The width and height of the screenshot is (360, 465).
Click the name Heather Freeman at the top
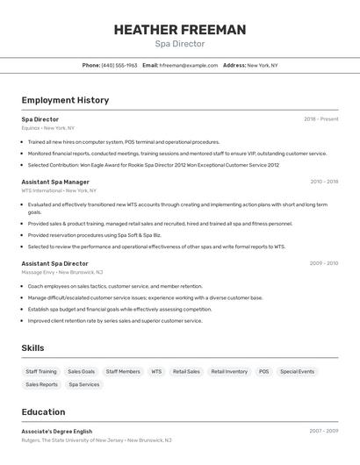pyautogui.click(x=180, y=30)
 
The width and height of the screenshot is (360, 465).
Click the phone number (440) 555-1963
pyautogui.click(x=119, y=65)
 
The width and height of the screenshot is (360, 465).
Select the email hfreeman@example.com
pyautogui.click(x=188, y=65)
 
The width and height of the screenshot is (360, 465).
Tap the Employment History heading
pyautogui.click(x=65, y=100)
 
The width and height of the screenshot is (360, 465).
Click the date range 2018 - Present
pyautogui.click(x=320, y=119)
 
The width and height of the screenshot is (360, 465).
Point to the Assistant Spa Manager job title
pyautogui.click(x=55, y=182)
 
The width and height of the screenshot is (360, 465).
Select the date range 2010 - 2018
pyautogui.click(x=324, y=182)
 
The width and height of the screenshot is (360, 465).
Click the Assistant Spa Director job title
pyautogui.click(x=54, y=263)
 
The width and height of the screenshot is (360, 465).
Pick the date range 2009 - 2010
pyautogui.click(x=324, y=263)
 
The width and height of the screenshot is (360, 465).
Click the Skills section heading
pyautogui.click(x=32, y=348)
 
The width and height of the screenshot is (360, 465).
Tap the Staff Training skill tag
pyautogui.click(x=41, y=371)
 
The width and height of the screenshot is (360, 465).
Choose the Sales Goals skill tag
pyautogui.click(x=81, y=371)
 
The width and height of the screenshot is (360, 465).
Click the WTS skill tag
pyautogui.click(x=156, y=371)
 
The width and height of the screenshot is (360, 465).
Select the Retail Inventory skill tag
pyautogui.click(x=229, y=371)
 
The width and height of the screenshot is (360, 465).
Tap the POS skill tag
pyautogui.click(x=263, y=371)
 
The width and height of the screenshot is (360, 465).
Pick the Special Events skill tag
pyautogui.click(x=297, y=371)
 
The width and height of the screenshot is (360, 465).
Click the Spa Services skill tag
pyautogui.click(x=84, y=384)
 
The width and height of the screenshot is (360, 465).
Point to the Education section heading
pyautogui.click(x=43, y=412)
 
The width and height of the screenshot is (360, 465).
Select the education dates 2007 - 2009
pyautogui.click(x=324, y=432)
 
